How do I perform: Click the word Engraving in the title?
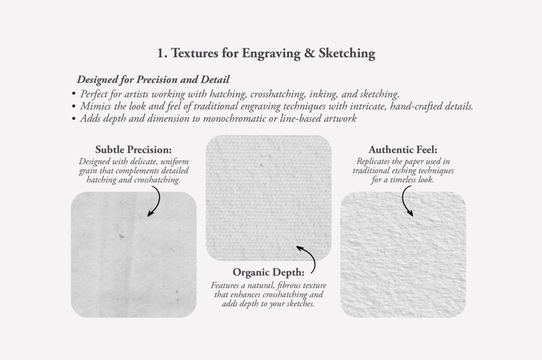(271, 53)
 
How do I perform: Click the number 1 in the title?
(161, 53)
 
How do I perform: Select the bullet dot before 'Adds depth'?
(74, 119)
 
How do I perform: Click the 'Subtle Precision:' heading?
(133, 150)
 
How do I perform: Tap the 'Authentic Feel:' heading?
(403, 150)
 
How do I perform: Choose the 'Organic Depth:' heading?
(269, 273)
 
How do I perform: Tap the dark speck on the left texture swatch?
(121, 236)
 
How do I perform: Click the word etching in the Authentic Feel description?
(405, 171)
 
